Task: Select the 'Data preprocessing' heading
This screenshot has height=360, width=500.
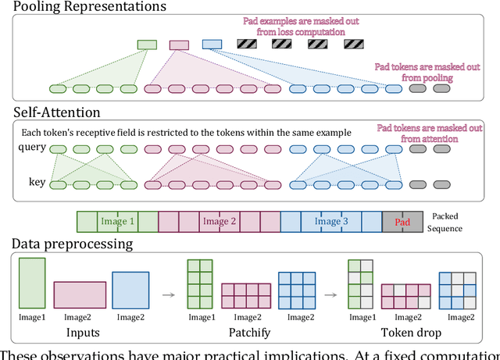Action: point(72,244)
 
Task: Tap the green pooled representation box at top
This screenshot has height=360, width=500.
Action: point(147,45)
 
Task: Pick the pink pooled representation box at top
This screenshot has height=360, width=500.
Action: point(179,45)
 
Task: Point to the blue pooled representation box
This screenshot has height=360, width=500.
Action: point(212,45)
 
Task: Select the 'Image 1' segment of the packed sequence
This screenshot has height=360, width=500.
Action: point(117,221)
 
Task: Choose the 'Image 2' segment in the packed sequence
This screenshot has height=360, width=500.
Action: point(219,221)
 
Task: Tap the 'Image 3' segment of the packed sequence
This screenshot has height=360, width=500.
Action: point(331,221)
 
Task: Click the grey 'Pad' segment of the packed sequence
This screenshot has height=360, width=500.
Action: point(402,221)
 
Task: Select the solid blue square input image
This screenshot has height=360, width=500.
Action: point(130,289)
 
